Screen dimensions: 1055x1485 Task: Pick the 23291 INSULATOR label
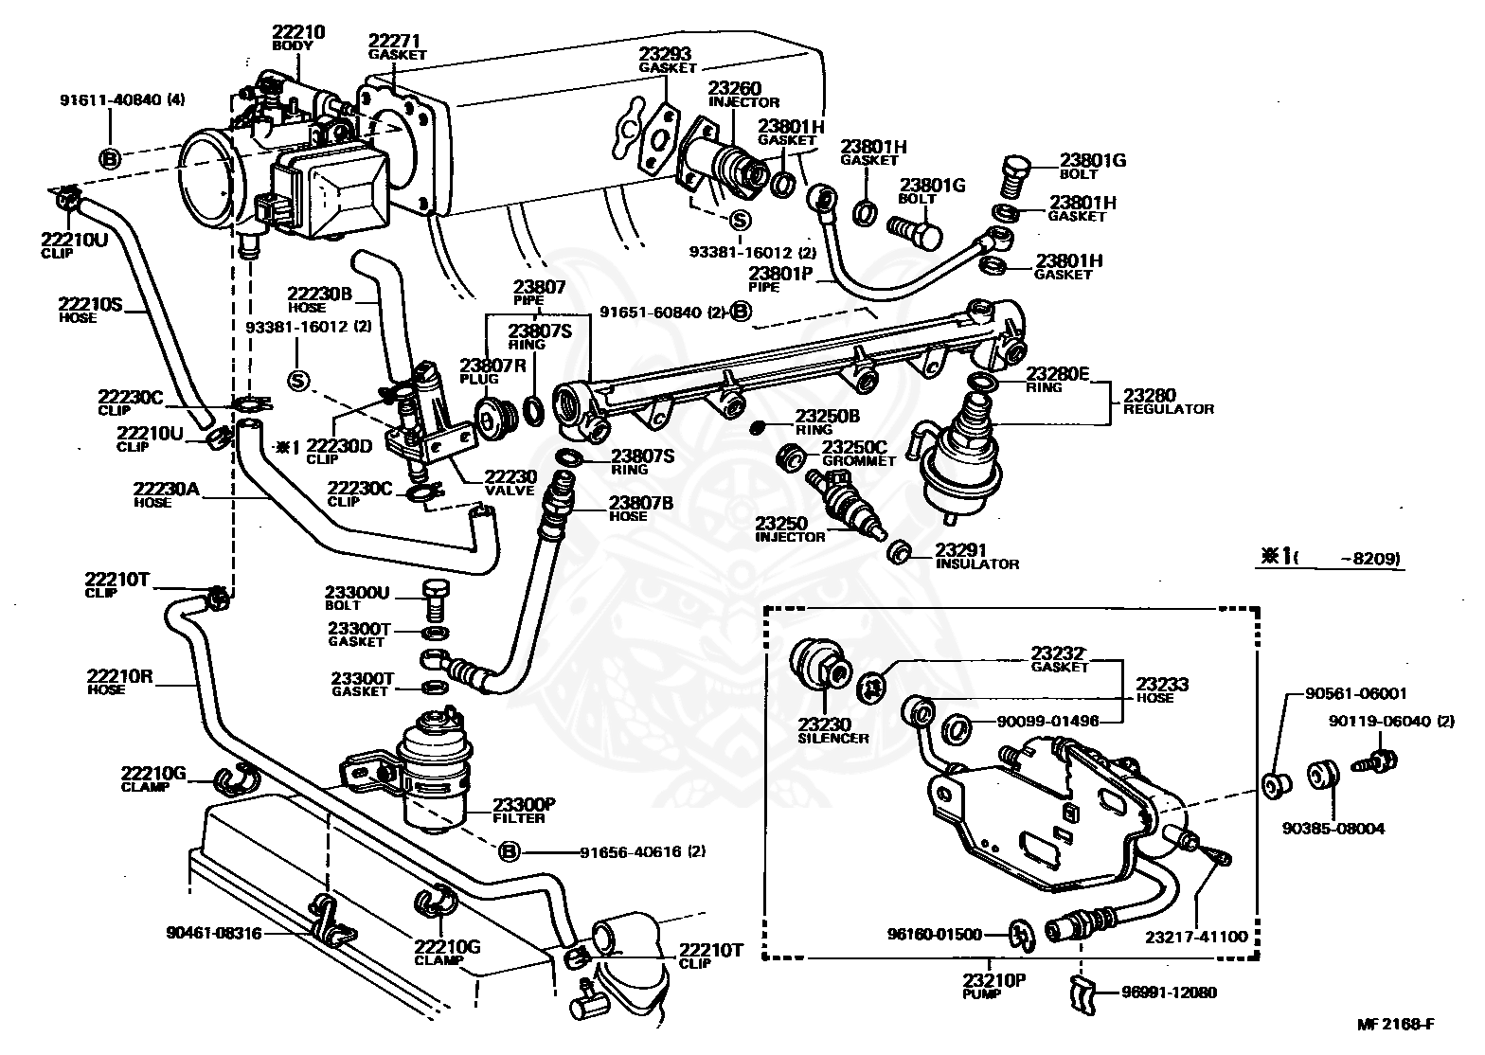coord(976,556)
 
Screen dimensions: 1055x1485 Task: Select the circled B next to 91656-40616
coord(510,851)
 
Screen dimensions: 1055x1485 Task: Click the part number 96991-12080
coord(1169,992)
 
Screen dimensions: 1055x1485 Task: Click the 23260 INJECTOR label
coord(743,95)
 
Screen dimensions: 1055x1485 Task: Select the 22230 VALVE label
coord(510,483)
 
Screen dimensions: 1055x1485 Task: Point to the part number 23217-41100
coord(1195,937)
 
